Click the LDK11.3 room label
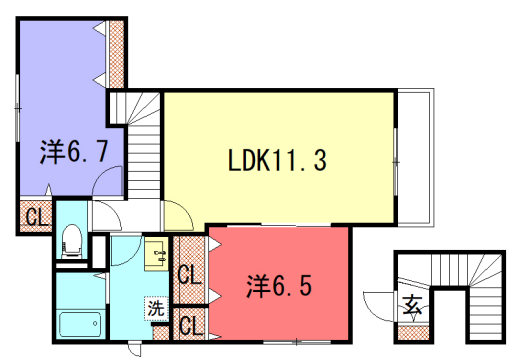click(278, 159)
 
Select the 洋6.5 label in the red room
click(280, 285)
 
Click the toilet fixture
click(72, 239)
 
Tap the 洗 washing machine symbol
click(157, 308)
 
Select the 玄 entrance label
click(412, 306)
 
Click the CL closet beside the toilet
click(34, 215)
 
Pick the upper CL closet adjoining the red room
click(189, 273)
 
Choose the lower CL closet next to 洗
click(189, 324)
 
